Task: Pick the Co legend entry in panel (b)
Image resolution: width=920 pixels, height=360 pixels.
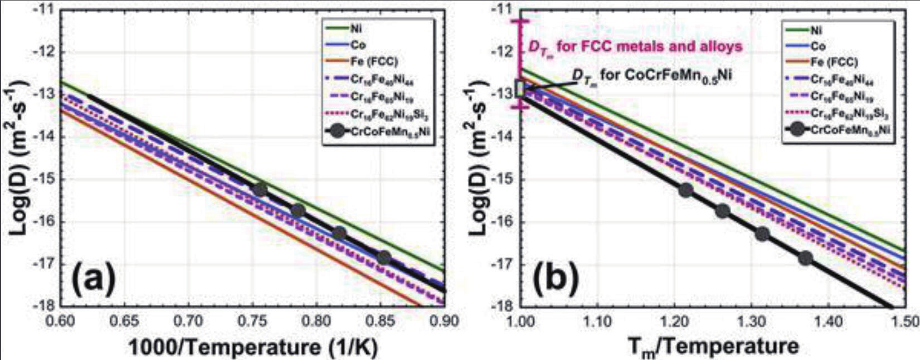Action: pyautogui.click(x=818, y=46)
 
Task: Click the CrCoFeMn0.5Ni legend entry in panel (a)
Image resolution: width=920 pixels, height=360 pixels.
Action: pyautogui.click(x=379, y=133)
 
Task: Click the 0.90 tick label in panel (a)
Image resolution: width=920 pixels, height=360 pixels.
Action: pyautogui.click(x=444, y=320)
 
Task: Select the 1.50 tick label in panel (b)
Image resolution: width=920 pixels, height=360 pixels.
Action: pyautogui.click(x=904, y=320)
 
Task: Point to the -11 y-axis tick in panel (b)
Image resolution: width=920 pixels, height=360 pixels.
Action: pyautogui.click(x=503, y=10)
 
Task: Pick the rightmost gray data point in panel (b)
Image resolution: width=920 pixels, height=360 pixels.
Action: pyautogui.click(x=805, y=258)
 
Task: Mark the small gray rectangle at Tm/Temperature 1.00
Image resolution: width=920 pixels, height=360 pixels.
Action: pyautogui.click(x=520, y=89)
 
